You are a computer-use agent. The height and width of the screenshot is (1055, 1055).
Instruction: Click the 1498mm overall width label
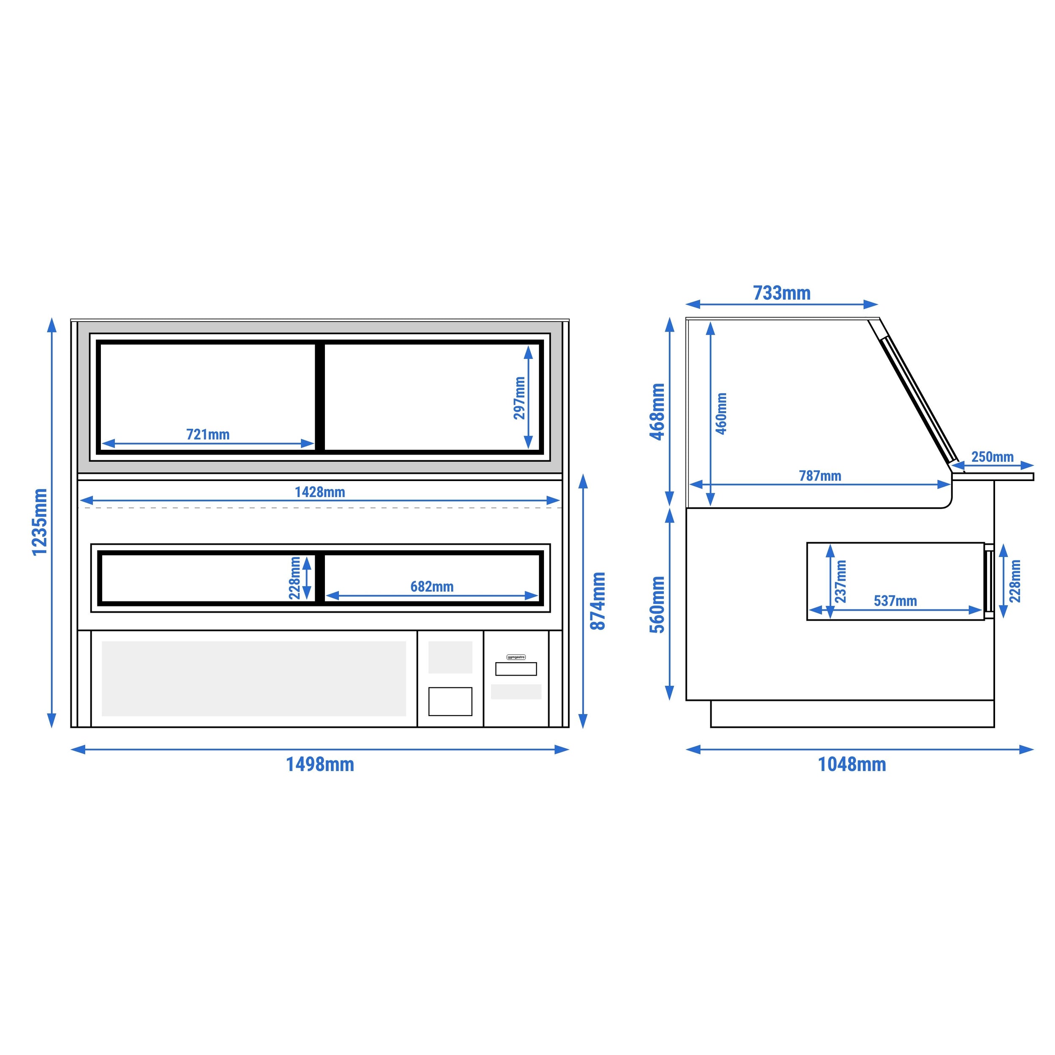pyautogui.click(x=320, y=765)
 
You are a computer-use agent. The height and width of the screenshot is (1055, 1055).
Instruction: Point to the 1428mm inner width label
pyautogui.click(x=320, y=492)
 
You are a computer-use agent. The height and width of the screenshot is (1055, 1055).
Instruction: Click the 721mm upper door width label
pyautogui.click(x=208, y=434)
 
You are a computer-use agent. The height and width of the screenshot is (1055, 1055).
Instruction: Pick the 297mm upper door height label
pyautogui.click(x=519, y=398)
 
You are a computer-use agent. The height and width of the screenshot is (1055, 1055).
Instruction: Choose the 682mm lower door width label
pyautogui.click(x=432, y=587)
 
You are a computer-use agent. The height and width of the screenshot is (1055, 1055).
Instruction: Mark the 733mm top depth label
pyautogui.click(x=782, y=293)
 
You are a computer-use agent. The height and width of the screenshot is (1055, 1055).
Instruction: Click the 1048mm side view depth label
pyautogui.click(x=852, y=765)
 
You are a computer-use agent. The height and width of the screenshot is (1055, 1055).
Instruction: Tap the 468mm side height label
pyautogui.click(x=657, y=412)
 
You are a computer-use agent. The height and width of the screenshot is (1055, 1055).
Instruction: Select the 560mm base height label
pyautogui.click(x=657, y=604)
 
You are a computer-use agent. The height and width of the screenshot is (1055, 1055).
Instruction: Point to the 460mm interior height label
pyautogui.click(x=721, y=414)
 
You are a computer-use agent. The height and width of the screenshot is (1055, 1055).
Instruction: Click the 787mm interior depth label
pyautogui.click(x=820, y=476)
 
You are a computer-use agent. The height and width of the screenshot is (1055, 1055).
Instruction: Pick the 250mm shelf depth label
pyautogui.click(x=992, y=457)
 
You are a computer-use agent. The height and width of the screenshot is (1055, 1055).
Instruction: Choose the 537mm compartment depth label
pyautogui.click(x=895, y=601)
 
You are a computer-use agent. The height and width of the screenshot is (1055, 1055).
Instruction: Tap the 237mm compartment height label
pyautogui.click(x=841, y=582)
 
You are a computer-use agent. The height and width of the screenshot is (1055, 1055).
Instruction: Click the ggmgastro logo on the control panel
pyautogui.click(x=516, y=657)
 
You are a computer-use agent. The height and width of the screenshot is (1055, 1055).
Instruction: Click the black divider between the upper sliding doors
pyautogui.click(x=320, y=397)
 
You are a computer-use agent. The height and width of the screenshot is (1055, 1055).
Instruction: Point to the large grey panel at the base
pyautogui.click(x=254, y=678)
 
